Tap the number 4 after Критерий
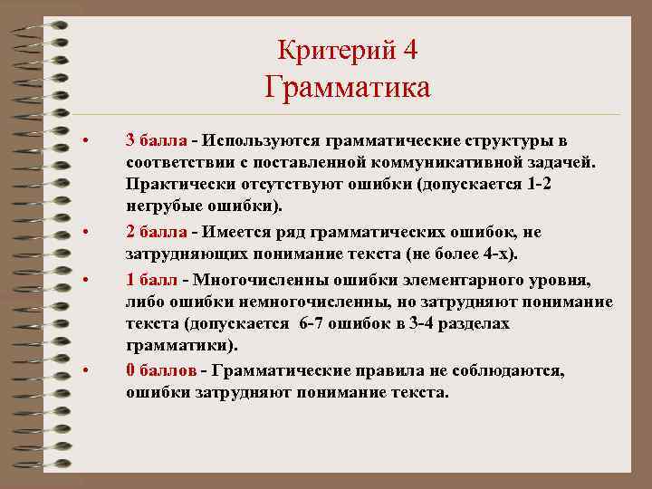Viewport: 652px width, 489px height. (411, 49)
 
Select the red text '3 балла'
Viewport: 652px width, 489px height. (157, 140)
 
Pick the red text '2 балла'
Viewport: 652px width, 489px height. (157, 233)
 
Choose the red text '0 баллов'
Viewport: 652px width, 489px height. (161, 371)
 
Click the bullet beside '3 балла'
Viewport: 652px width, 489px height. (84, 141)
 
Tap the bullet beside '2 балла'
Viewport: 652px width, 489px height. (84, 234)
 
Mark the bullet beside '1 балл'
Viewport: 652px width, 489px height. (84, 280)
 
